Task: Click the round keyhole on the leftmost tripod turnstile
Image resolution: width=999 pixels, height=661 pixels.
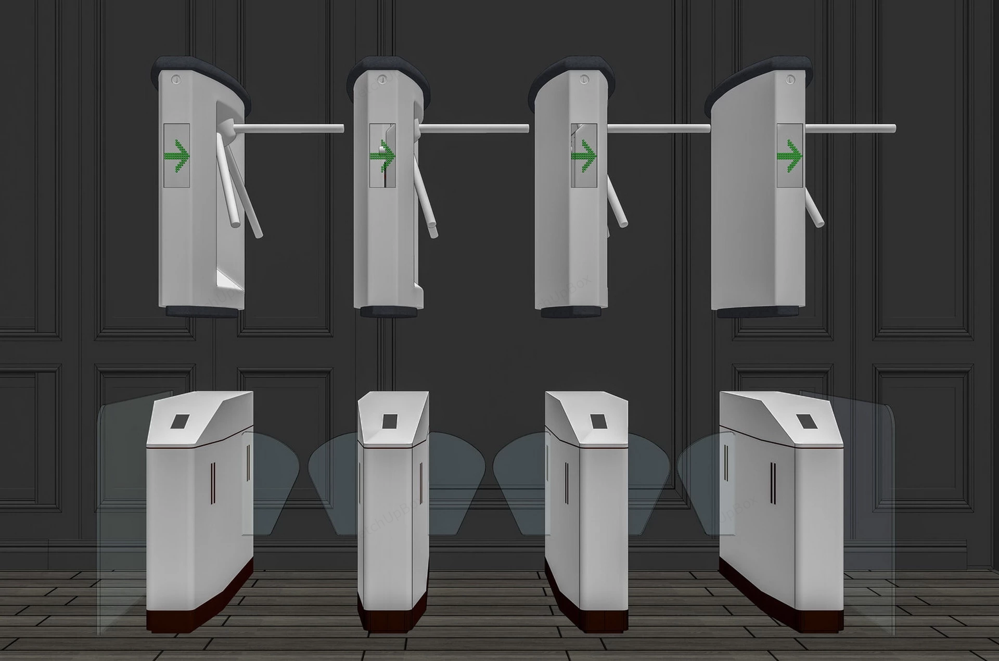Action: (175, 80)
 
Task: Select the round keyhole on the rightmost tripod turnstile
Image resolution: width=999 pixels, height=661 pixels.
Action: (791, 80)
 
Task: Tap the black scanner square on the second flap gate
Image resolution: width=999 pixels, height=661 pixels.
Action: (390, 421)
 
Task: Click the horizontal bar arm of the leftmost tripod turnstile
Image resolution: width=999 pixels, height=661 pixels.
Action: (291, 128)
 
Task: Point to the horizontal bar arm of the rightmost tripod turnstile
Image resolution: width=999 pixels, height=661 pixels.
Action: (848, 128)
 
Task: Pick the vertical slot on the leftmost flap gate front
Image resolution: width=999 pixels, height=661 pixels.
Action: (212, 483)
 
